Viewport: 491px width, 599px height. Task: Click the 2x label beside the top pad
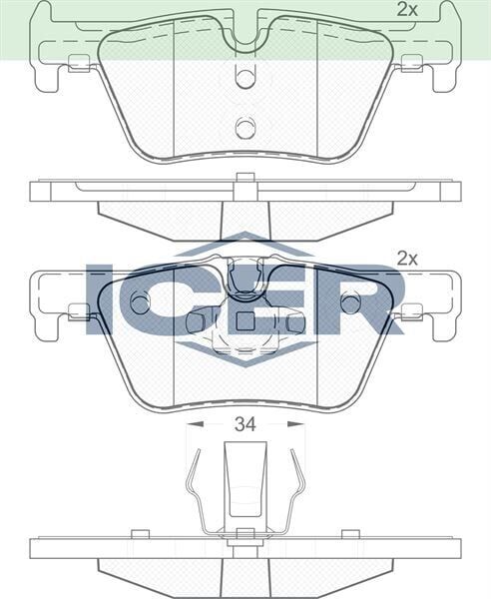click(x=406, y=10)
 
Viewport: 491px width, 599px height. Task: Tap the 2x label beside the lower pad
click(x=406, y=258)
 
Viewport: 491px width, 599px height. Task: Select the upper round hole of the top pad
click(x=245, y=80)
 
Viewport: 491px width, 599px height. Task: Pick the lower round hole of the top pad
click(x=245, y=127)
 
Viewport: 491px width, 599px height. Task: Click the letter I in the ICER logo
click(x=103, y=299)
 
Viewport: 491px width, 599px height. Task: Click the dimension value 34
click(x=245, y=423)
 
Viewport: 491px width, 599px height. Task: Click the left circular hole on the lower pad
click(x=140, y=302)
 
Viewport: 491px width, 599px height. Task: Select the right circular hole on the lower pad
click(x=350, y=302)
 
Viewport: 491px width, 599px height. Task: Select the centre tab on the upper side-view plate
click(x=245, y=181)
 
